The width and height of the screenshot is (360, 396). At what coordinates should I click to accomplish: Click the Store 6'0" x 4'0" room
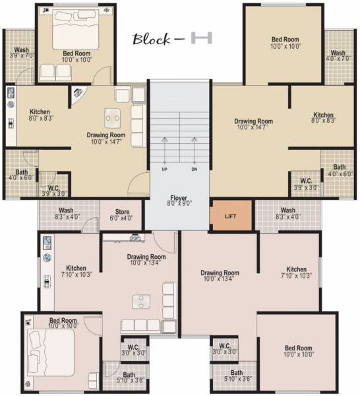click(117, 214)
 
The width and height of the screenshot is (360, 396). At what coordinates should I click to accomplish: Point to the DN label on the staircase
click(195, 169)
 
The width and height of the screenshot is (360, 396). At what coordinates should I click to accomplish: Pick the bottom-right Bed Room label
click(298, 351)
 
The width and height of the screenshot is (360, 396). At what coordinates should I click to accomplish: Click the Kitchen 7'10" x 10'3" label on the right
click(296, 273)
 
